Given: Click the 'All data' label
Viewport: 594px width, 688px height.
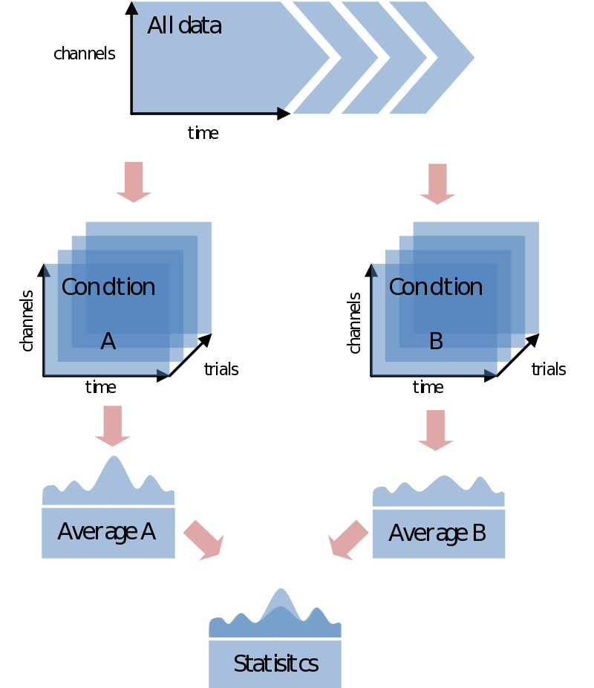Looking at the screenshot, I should click(184, 26).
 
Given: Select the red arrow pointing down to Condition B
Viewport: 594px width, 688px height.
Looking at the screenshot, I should click(437, 184).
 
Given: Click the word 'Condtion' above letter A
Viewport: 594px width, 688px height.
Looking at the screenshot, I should click(108, 288).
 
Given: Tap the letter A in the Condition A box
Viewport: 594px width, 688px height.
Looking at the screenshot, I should click(108, 342).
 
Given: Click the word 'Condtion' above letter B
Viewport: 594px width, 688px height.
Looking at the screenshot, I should click(436, 288).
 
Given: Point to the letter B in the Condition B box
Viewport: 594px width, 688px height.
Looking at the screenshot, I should click(436, 342).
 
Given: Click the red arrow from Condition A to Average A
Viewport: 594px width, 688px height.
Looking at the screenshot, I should click(113, 426).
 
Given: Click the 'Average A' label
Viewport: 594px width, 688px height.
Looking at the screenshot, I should click(107, 532).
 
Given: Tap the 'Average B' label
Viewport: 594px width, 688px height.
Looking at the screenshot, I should click(437, 533).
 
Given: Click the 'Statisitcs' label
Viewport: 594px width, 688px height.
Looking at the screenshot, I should click(275, 663).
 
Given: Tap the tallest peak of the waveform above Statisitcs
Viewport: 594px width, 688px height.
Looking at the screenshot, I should click(280, 597).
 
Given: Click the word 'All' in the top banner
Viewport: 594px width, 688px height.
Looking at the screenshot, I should click(159, 26).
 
